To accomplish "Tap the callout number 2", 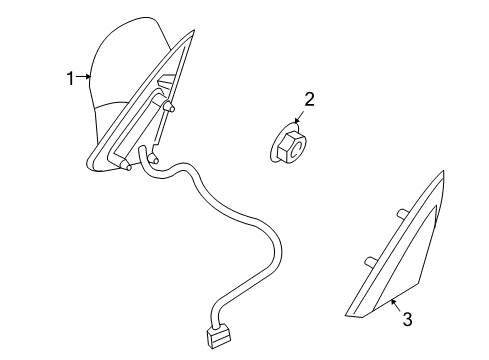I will [x=309, y=98].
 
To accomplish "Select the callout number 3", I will [x=407, y=320].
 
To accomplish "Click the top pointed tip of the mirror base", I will [x=190, y=34].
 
